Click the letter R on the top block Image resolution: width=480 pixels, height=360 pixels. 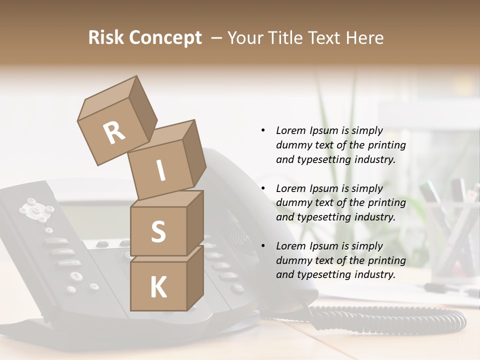point(114,132)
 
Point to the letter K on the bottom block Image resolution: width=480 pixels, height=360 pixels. point(158,287)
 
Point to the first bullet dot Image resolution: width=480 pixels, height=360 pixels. point(263,130)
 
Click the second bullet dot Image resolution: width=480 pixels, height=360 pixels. point(263,188)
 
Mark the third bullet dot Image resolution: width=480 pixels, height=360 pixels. point(263,246)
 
